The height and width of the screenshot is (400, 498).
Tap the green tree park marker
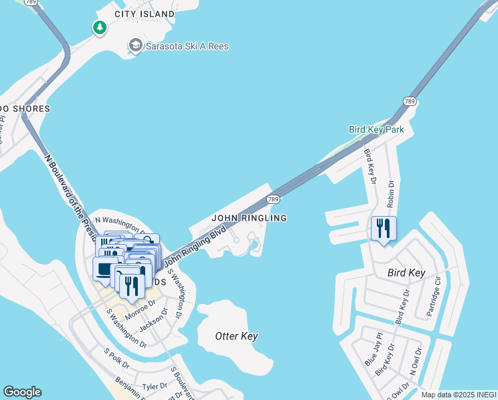(99, 27)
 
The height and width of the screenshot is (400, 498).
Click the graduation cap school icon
(136, 45)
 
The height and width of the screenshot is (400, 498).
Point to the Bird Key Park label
(376, 129)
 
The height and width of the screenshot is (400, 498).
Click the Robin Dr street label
(391, 195)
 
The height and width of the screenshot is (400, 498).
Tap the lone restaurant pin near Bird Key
(383, 229)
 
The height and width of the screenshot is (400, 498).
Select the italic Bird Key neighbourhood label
(406, 273)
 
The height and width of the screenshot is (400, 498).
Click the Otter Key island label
(236, 336)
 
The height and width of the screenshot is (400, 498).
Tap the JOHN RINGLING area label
(249, 218)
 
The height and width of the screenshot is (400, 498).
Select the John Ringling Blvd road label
(194, 247)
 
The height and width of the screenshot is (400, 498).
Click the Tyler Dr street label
(154, 387)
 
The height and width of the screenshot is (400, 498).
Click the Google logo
(22, 392)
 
